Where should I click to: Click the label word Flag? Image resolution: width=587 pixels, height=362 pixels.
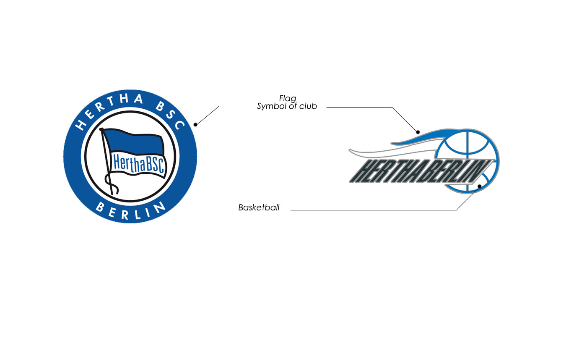coord(288,99)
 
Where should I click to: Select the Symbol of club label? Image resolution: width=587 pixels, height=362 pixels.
coord(287,106)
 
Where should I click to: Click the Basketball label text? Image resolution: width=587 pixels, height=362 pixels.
coord(259,207)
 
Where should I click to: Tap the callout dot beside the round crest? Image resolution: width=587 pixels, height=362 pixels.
coord(195,124)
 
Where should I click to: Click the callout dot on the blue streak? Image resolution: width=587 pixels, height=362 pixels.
coord(418,132)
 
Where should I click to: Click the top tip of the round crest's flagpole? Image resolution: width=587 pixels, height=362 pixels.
coord(101,129)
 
